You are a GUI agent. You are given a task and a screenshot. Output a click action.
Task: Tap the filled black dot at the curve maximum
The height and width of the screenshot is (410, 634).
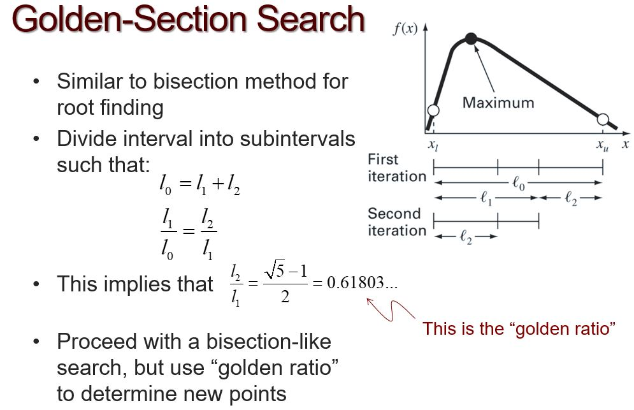[x=471, y=39]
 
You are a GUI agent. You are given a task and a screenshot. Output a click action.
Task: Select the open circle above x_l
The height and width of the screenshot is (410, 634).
[x=433, y=111]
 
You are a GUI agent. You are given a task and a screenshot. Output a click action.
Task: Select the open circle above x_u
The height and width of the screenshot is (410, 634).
[x=603, y=119]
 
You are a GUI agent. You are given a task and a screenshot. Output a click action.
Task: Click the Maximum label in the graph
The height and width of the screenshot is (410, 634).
[x=498, y=103]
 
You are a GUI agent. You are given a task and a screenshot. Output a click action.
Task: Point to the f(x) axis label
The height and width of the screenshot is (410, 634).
[x=405, y=29]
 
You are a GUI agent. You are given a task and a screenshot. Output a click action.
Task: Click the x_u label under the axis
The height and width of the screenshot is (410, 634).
[x=602, y=145]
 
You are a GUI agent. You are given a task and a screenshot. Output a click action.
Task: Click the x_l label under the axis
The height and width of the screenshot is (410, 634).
[x=433, y=145]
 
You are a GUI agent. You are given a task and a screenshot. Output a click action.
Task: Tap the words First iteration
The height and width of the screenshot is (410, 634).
[x=396, y=168]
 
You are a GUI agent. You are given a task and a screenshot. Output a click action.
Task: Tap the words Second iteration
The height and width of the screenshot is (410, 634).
[x=396, y=223]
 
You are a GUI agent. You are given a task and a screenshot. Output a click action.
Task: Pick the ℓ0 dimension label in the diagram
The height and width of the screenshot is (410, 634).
[x=519, y=184]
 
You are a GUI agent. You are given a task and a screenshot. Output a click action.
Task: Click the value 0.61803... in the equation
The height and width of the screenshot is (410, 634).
[x=361, y=283]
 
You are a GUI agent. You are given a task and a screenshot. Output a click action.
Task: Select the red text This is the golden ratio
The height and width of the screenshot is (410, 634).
[x=519, y=329]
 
